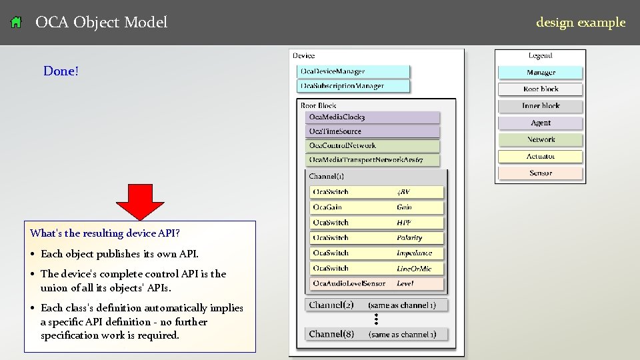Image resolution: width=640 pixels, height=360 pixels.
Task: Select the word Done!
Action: point(61,71)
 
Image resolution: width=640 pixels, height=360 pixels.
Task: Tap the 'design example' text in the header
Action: point(581,22)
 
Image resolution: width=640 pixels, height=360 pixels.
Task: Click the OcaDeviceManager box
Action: point(353,71)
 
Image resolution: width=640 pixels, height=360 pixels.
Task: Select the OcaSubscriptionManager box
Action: point(353,86)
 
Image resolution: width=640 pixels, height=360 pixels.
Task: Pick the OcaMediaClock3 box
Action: point(373,117)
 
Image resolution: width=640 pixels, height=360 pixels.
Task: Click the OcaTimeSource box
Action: point(373,131)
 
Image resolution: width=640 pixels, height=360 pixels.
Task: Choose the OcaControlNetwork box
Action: point(373,145)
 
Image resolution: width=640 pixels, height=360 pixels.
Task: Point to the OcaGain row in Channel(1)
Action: point(377,207)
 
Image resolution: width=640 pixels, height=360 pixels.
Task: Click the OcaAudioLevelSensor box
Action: point(377,283)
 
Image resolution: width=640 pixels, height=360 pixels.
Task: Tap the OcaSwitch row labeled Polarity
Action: point(377,238)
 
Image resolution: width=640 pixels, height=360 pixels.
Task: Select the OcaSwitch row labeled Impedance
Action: point(377,253)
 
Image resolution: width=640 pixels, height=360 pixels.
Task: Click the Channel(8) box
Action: point(377,334)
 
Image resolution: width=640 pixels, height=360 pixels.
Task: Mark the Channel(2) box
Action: point(377,305)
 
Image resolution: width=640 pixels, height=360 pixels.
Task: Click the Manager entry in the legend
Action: point(541,73)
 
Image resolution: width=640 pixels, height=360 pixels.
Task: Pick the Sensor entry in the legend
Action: point(541,173)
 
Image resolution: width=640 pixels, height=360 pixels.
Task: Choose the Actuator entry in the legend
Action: point(541,157)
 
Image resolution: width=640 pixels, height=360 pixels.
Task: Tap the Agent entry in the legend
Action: point(541,123)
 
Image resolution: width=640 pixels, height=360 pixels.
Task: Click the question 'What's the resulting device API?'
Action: point(105,233)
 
